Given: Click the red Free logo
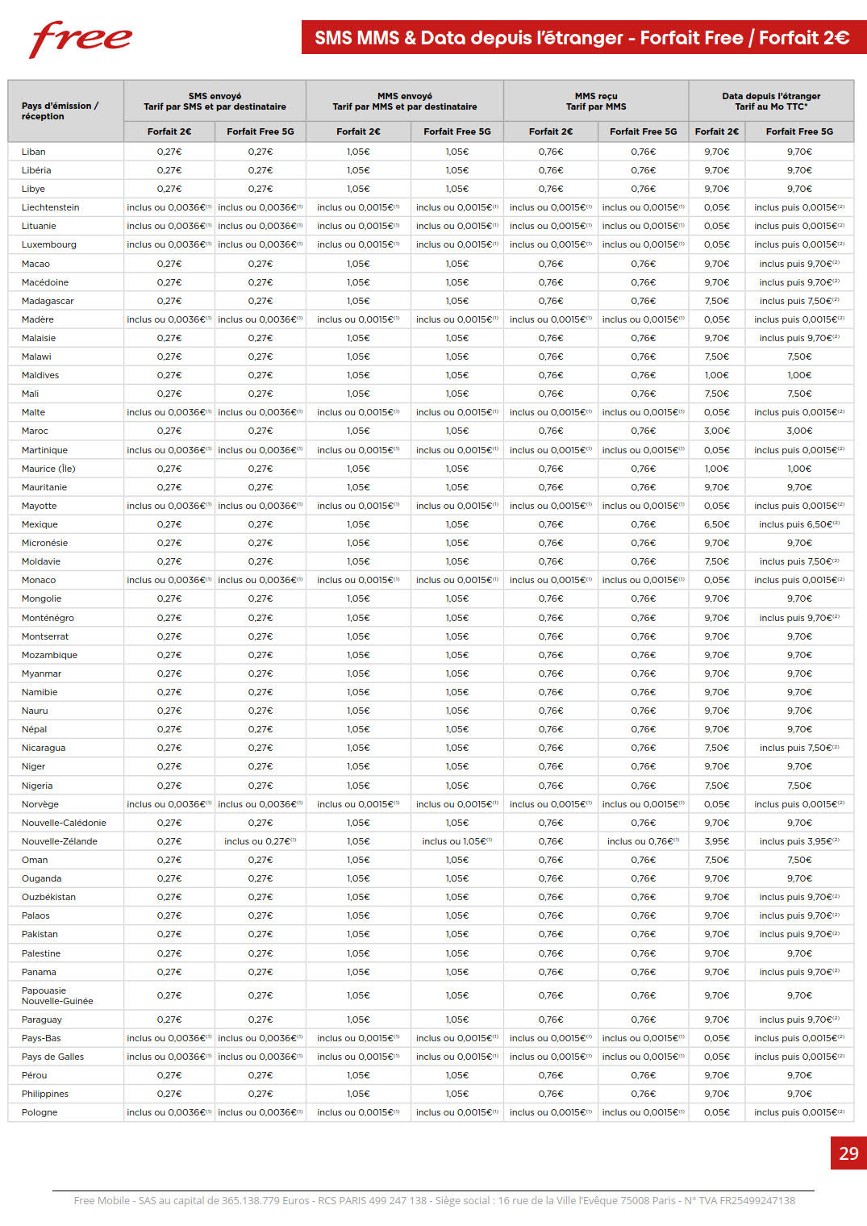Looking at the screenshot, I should (81, 39).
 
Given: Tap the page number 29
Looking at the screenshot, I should (848, 1153).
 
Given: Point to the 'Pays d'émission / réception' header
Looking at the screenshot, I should (60, 111).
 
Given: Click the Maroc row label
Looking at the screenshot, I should (35, 431).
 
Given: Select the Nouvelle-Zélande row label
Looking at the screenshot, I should (59, 841).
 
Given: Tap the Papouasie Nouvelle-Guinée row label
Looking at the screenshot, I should (57, 995).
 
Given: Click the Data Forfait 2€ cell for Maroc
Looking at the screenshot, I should (716, 431).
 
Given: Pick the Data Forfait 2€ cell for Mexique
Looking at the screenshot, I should (716, 524).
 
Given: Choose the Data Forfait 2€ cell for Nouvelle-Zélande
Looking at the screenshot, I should (716, 841).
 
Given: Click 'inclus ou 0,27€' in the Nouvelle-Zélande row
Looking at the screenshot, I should (260, 841).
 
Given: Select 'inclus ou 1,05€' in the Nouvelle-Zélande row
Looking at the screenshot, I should (456, 841).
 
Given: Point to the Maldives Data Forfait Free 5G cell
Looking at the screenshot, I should (799, 375).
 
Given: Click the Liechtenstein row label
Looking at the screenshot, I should (50, 207).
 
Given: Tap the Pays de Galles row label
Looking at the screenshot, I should (52, 1057).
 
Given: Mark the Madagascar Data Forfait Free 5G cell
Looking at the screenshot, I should (799, 301).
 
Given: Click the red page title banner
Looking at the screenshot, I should (582, 38).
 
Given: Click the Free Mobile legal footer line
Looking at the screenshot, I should (434, 1200).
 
